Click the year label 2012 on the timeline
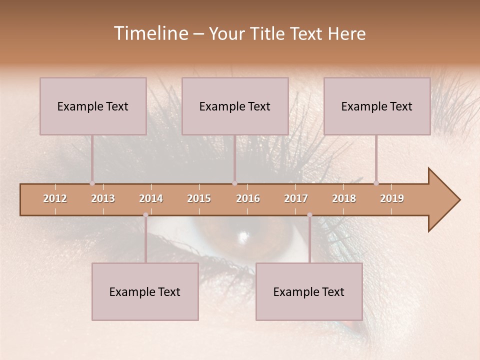[55, 198]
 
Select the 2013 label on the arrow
[103, 198]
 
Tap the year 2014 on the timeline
[151, 198]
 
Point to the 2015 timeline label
[199, 198]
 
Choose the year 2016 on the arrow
[248, 198]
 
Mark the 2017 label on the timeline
[296, 198]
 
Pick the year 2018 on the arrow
[344, 198]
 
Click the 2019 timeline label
[392, 198]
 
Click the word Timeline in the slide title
[150, 33]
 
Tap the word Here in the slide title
[346, 34]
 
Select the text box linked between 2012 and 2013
[93, 106]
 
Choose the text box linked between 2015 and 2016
[235, 106]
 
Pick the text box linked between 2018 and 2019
[377, 106]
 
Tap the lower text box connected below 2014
[145, 291]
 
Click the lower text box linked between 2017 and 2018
[309, 291]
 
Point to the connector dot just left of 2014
[145, 215]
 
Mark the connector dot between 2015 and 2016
[234, 183]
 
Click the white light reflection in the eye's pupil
[244, 235]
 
